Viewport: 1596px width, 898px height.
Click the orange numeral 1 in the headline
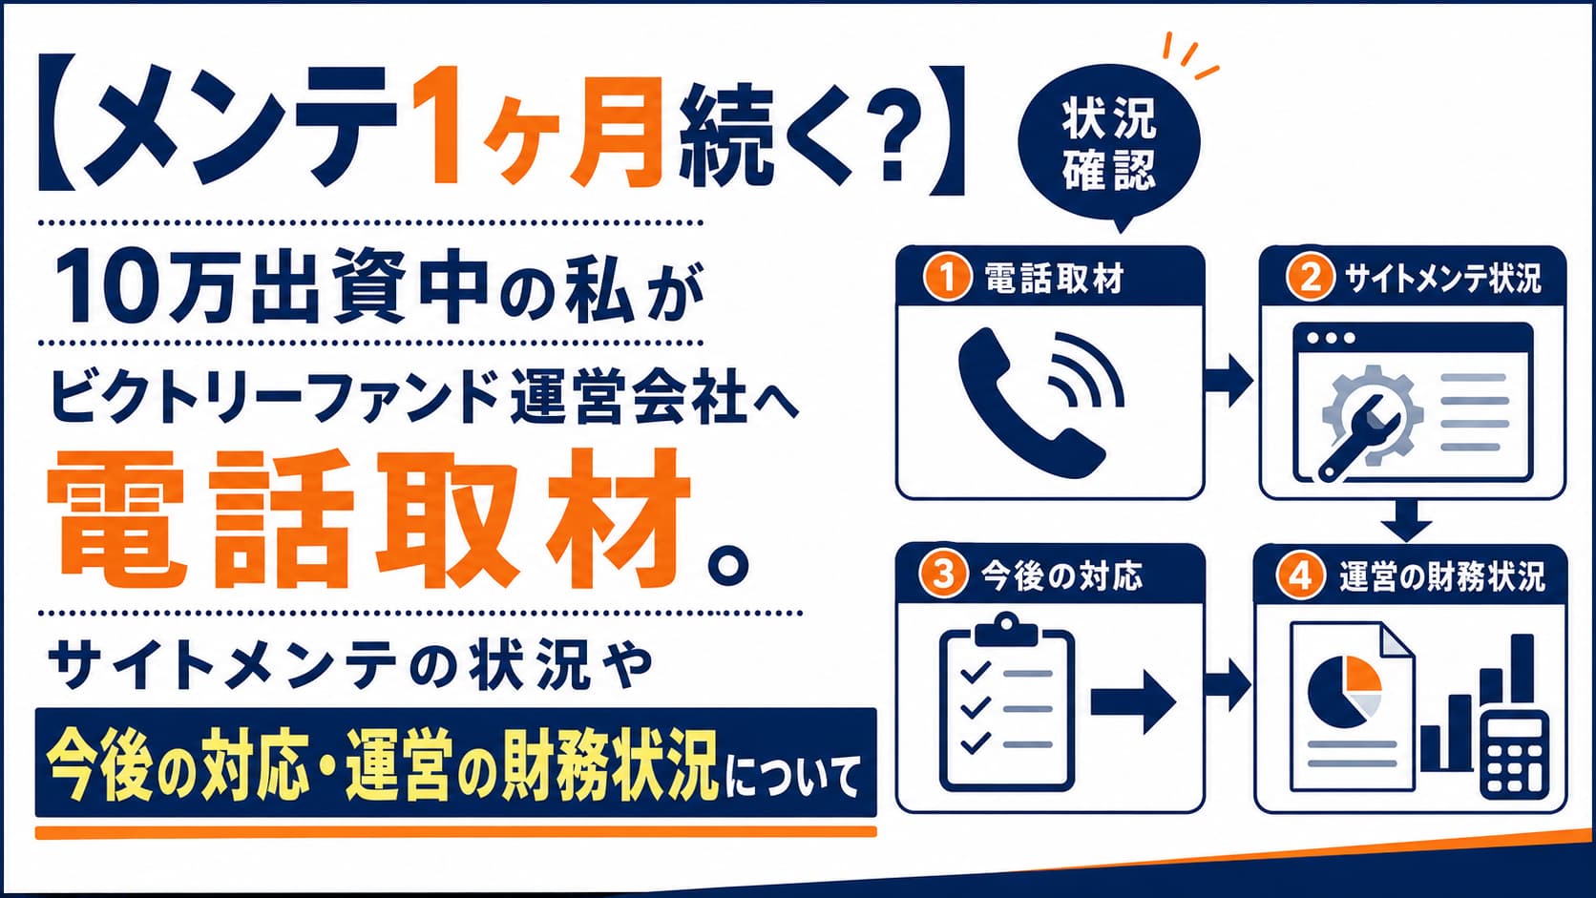point(437,126)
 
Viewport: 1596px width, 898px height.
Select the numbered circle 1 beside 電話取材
point(948,278)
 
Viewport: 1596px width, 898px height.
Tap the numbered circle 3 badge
point(943,574)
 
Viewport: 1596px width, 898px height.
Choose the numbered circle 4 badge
point(1301,574)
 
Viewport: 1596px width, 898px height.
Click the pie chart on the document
point(1344,691)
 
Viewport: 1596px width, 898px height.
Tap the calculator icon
point(1514,756)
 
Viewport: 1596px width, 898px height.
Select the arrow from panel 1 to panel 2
point(1228,381)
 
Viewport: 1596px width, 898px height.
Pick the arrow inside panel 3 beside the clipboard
point(1133,701)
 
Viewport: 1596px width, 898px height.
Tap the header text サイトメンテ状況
point(1442,279)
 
